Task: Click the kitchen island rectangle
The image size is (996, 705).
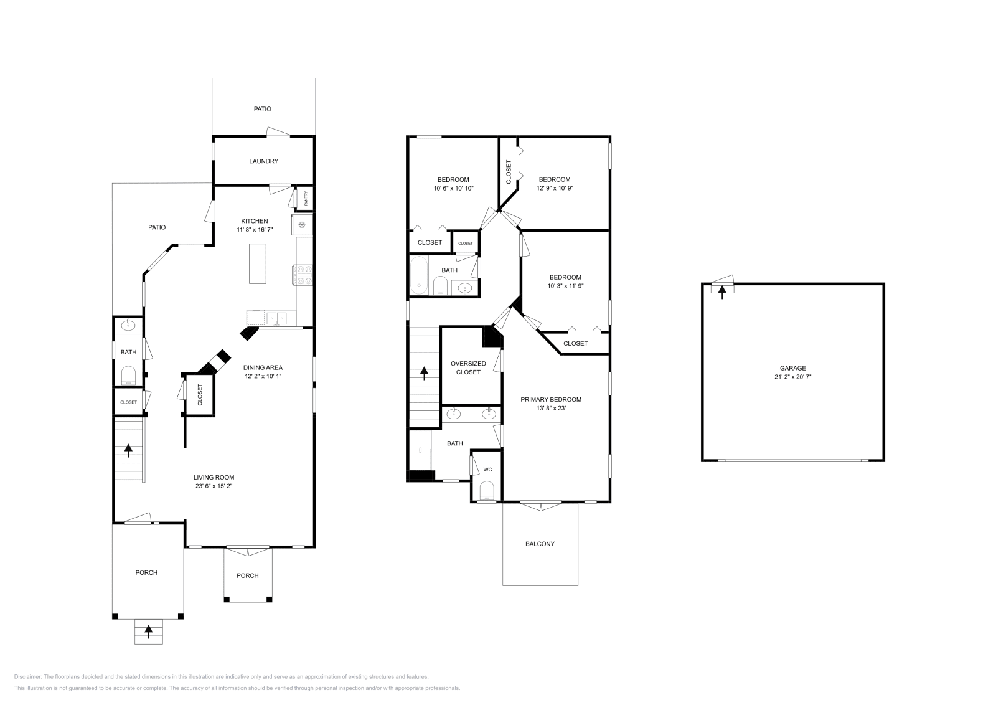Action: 257,263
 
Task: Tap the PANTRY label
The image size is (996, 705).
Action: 306,198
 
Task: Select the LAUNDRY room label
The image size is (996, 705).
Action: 263,161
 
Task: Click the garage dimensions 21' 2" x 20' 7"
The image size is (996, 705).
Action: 792,377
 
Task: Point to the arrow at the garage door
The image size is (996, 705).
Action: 722,290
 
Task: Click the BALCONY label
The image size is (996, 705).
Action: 540,544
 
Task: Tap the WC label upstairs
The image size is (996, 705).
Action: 487,470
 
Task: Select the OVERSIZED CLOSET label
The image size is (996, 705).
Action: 468,367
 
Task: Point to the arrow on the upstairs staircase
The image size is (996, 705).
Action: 424,373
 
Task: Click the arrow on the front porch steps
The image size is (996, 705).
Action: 148,632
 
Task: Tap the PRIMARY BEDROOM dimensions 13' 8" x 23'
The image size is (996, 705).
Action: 551,409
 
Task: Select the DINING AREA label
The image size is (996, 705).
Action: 263,367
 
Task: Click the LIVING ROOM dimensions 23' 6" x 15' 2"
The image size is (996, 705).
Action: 213,486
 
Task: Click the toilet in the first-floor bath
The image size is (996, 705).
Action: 128,374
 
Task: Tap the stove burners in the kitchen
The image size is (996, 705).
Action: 304,275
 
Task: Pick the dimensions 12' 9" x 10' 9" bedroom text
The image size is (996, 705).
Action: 554,187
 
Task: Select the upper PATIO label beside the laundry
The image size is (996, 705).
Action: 262,109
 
